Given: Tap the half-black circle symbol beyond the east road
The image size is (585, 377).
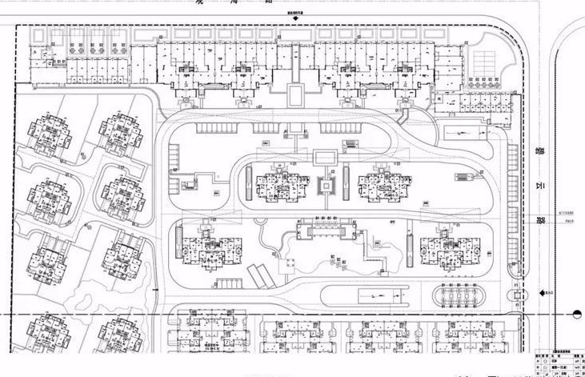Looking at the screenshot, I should tap(579, 313).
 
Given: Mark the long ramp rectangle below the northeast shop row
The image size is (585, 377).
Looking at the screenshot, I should tap(461, 128).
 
